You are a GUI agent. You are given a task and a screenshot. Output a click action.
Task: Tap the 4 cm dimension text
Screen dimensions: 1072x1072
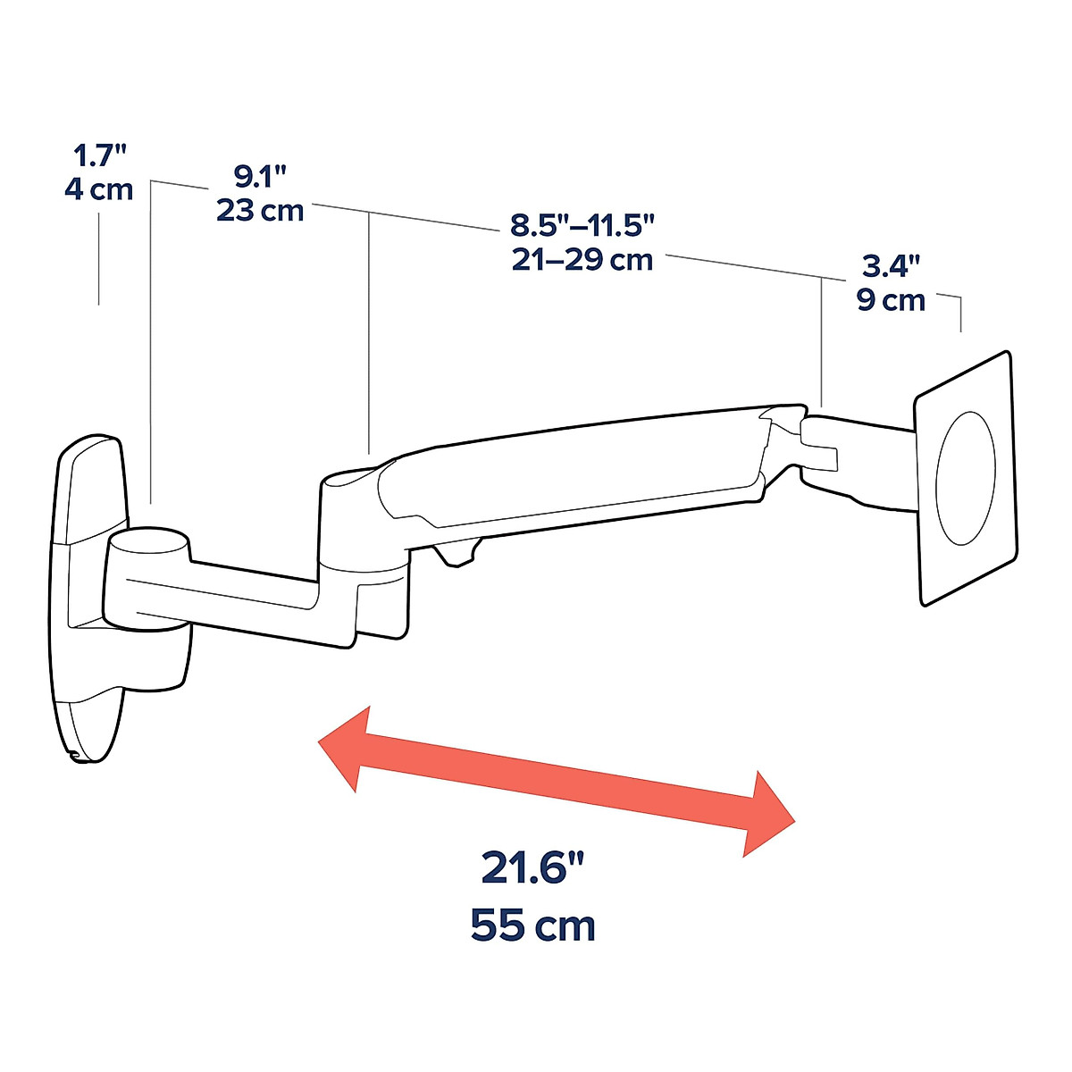point(98,189)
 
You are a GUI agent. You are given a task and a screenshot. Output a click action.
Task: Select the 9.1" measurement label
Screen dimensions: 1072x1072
point(260,177)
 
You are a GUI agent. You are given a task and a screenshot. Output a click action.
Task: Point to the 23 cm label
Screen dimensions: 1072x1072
point(260,211)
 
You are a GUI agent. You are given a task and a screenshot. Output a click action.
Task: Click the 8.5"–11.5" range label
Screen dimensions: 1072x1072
point(582,224)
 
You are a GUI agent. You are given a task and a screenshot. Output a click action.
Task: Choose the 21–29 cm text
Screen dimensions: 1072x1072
point(582,260)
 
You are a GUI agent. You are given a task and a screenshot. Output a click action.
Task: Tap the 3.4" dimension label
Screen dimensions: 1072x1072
point(891,265)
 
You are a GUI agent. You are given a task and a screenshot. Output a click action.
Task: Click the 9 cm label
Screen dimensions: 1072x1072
point(891,300)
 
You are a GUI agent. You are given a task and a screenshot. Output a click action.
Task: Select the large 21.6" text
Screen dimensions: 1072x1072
point(533,867)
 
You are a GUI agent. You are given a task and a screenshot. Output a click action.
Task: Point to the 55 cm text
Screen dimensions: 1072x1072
point(533,925)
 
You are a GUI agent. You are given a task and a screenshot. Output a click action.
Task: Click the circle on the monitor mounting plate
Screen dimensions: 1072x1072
point(965,479)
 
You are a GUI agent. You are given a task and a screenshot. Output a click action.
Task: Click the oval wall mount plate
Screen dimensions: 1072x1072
point(86,599)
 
